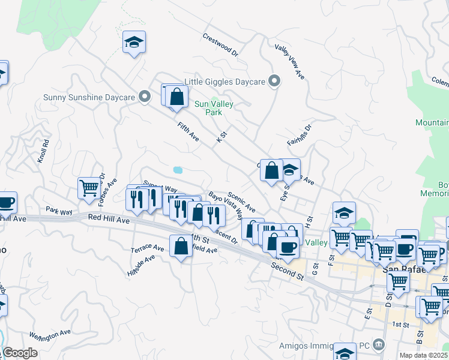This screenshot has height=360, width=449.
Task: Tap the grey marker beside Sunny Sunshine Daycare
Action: click(144, 97)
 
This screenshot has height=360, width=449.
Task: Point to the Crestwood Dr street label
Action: click(221, 45)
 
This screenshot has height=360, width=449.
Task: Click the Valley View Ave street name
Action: click(290, 61)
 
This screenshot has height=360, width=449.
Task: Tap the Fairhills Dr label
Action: click(300, 135)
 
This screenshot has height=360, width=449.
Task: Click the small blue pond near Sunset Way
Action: click(178, 170)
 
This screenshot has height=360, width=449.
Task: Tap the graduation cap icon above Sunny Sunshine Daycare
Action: click(134, 42)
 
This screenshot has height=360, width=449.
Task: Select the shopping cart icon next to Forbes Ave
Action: click(89, 187)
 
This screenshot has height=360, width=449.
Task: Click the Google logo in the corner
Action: click(20, 353)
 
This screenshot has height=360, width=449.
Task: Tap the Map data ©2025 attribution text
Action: click(423, 355)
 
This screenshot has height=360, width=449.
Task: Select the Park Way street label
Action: click(59, 211)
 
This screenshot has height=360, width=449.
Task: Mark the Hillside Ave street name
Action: click(141, 264)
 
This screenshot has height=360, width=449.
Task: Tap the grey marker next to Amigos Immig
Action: click(379, 344)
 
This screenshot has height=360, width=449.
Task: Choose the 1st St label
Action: click(401, 325)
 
